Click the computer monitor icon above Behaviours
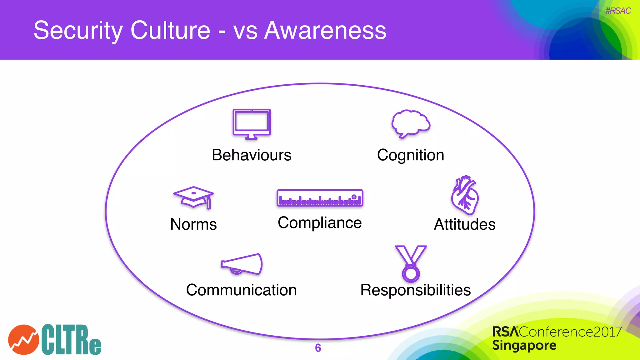pyautogui.click(x=252, y=124)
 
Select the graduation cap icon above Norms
pyautogui.click(x=194, y=197)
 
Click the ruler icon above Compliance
pyautogui.click(x=320, y=198)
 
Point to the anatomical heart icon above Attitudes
pyautogui.click(x=465, y=195)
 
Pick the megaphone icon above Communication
pyautogui.click(x=242, y=264)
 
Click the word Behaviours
pyautogui.click(x=252, y=155)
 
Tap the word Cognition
pyautogui.click(x=411, y=155)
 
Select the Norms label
pyautogui.click(x=193, y=224)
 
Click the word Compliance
pyautogui.click(x=320, y=223)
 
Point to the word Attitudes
pyautogui.click(x=465, y=224)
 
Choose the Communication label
pyautogui.click(x=241, y=290)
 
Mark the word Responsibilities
pyautogui.click(x=415, y=290)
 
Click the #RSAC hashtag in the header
pyautogui.click(x=618, y=11)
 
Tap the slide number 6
pyautogui.click(x=318, y=348)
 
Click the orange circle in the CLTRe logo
pyautogui.click(x=23, y=340)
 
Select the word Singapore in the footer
pyautogui.click(x=524, y=346)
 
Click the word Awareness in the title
pyautogui.click(x=325, y=30)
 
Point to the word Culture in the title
pyautogui.click(x=170, y=30)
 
